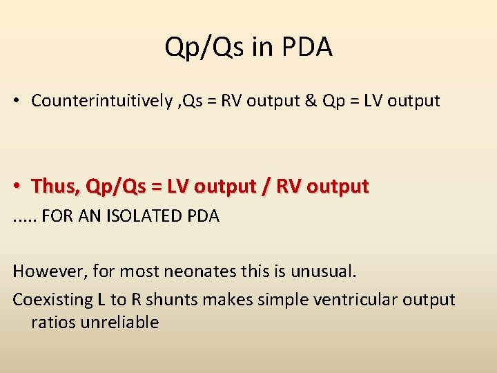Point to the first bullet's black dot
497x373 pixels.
point(16,102)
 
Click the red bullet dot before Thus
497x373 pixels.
point(16,186)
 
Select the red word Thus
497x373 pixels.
point(57,186)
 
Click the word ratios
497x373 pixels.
point(50,323)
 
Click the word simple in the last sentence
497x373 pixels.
point(280,300)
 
